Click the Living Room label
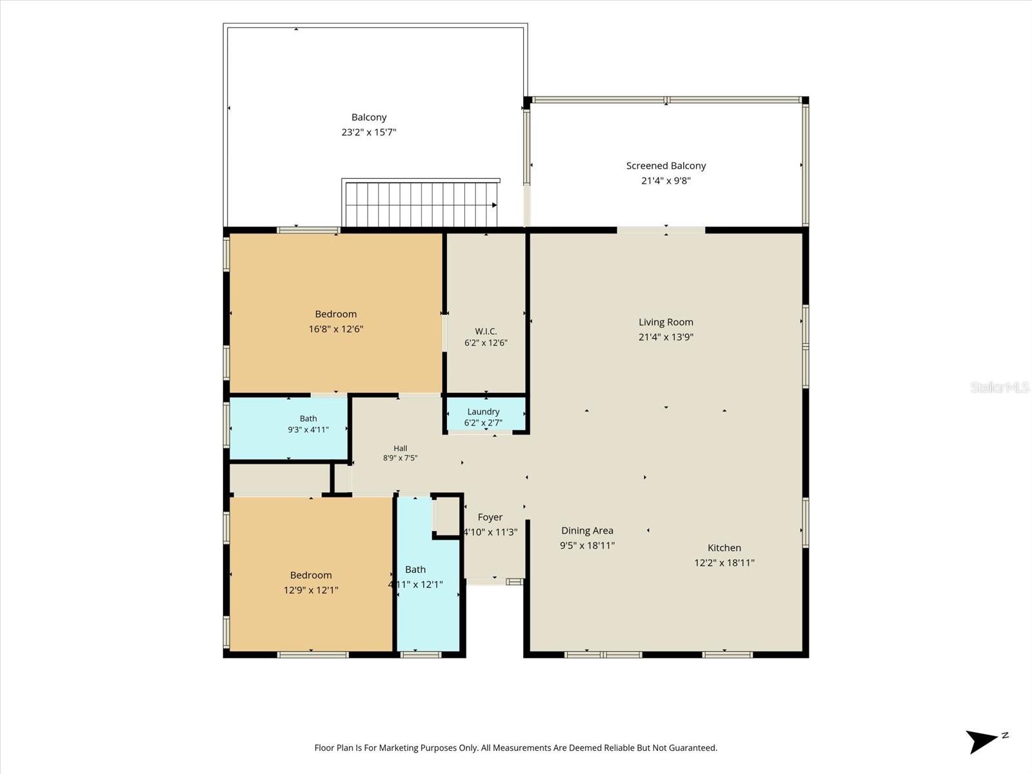point(666,322)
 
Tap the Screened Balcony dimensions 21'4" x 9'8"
point(666,181)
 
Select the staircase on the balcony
point(421,203)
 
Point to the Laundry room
point(485,413)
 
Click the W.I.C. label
point(486,332)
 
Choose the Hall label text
point(400,448)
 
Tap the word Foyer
point(490,517)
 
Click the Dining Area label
point(587,531)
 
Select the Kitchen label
point(724,548)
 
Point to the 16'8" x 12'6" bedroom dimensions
point(335,329)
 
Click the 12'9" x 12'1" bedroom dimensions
point(311,590)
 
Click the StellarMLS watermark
point(1000,387)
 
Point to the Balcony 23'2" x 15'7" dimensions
point(368,132)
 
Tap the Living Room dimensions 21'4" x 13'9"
point(666,337)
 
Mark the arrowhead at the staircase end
point(495,205)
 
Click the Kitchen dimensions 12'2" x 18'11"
point(724,562)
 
